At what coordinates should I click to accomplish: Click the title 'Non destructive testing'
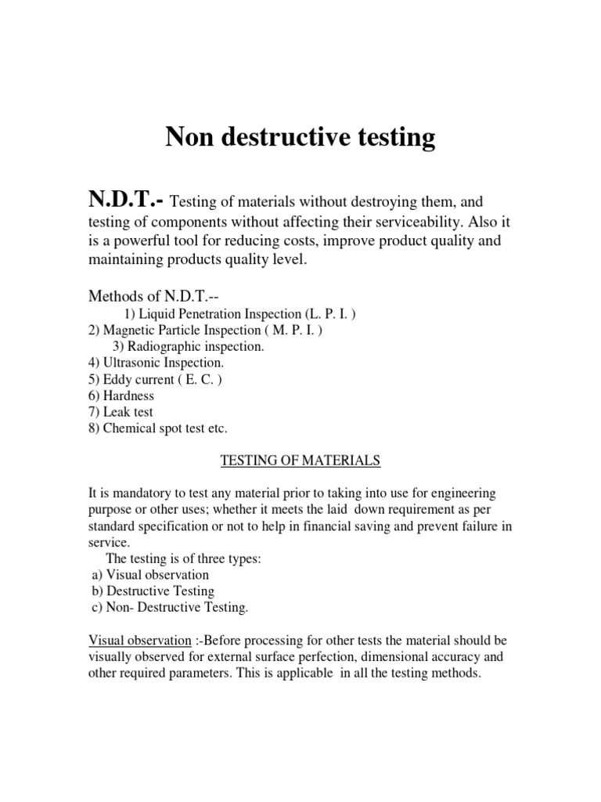point(300,138)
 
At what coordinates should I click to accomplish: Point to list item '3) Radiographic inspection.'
point(189,347)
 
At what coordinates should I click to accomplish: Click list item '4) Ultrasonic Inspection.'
point(156,363)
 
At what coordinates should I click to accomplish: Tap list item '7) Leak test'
point(120,412)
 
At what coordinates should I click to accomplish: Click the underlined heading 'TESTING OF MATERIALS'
point(300,461)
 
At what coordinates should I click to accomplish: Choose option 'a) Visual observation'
point(150,575)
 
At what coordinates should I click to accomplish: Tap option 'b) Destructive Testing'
point(153,591)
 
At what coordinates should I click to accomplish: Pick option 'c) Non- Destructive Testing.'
point(170,608)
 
